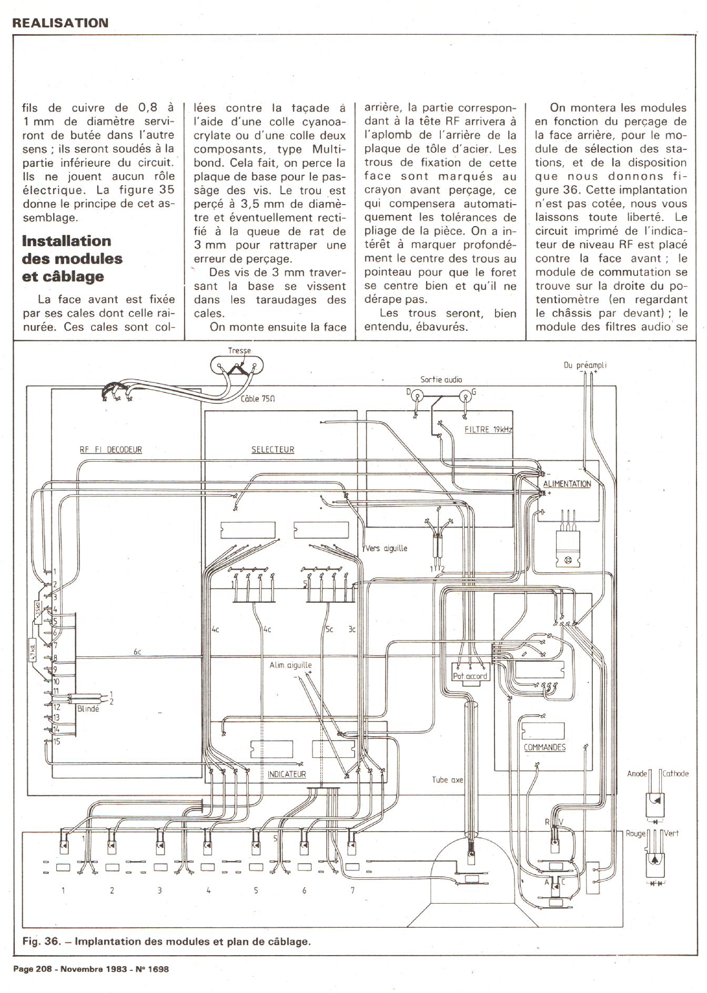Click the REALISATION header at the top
60,23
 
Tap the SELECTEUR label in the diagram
272,450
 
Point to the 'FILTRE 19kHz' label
488,430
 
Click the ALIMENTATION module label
567,483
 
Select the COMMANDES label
544,747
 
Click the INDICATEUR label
286,774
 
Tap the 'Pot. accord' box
470,676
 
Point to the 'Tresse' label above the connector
239,351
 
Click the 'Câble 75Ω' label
258,399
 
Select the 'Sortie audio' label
441,379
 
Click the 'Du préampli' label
585,365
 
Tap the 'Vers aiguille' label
386,548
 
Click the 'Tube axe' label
448,779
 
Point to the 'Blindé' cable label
88,708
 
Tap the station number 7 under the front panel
352,890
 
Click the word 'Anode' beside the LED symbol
637,774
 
